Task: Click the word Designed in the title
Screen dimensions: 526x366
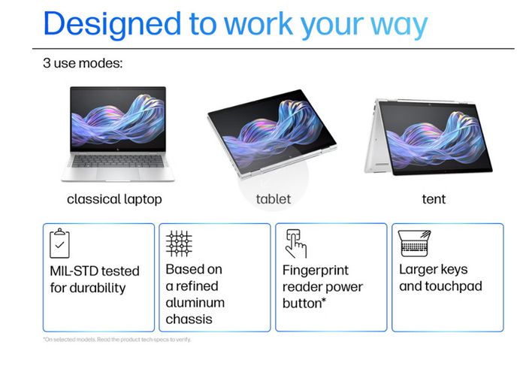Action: click(x=112, y=25)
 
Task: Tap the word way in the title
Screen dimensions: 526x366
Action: click(x=399, y=26)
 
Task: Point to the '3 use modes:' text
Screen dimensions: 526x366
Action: click(x=83, y=63)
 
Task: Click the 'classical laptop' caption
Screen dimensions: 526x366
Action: click(x=114, y=199)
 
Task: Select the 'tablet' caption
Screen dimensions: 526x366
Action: click(x=274, y=199)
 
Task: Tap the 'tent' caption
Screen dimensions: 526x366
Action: click(x=434, y=199)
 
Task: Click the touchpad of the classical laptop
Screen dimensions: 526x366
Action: click(x=118, y=173)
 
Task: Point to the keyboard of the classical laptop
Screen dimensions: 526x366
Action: click(x=118, y=161)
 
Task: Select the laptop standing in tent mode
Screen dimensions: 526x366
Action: click(x=428, y=137)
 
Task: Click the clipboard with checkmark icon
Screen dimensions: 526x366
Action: click(x=59, y=243)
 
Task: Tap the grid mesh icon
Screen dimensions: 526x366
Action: click(x=179, y=243)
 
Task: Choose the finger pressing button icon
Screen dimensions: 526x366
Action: click(x=295, y=243)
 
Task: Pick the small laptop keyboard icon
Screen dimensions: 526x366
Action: click(x=415, y=243)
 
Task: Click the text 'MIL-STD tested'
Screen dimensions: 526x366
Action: click(x=95, y=271)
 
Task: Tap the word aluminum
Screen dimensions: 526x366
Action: click(x=195, y=303)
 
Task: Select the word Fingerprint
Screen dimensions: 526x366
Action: click(x=316, y=271)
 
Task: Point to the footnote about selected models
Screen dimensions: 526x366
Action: click(x=117, y=340)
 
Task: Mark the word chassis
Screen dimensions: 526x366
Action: click(x=189, y=319)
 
